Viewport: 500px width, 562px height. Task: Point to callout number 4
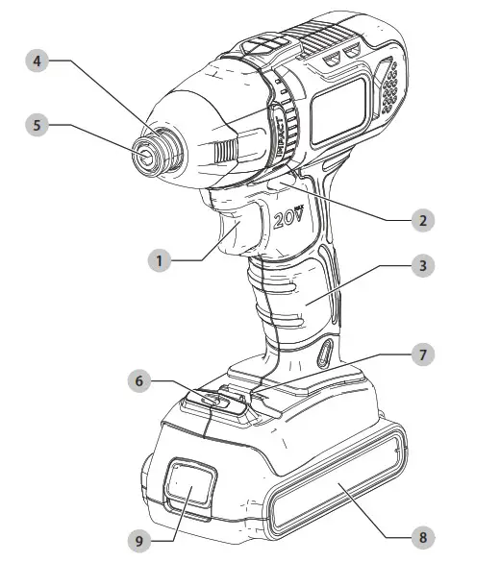click(x=36, y=61)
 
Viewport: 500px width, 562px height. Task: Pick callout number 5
click(x=36, y=126)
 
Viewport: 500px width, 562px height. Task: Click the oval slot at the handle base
click(x=325, y=354)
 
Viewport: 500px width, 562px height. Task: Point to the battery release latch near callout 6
click(x=223, y=399)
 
